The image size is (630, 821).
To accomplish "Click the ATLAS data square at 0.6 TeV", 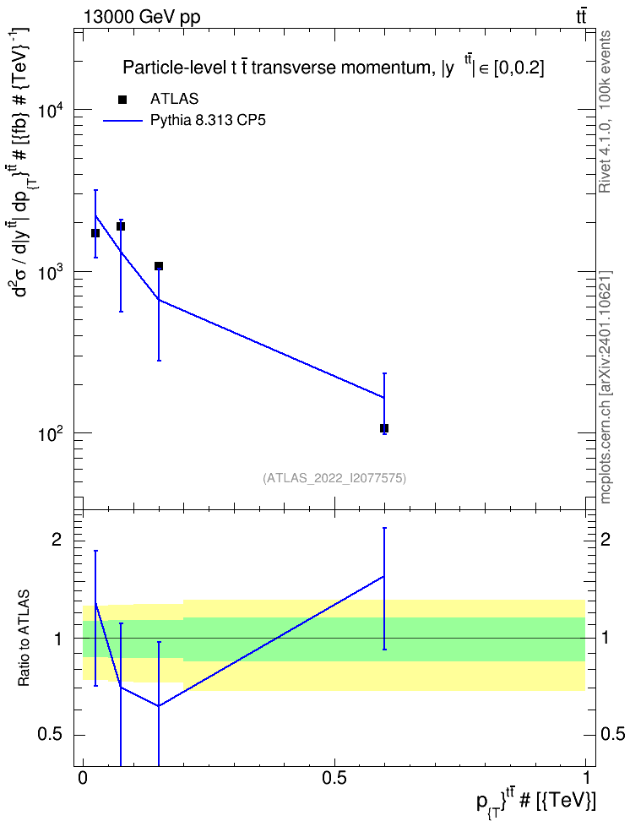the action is tap(384, 428).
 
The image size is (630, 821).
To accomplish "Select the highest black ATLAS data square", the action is tap(121, 226).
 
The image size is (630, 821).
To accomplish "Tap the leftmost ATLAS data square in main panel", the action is tap(95, 233).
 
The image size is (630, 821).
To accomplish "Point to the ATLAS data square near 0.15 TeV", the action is tap(159, 266).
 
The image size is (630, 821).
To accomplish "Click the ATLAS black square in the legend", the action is tap(122, 100).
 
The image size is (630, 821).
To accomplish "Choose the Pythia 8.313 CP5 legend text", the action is tap(208, 121).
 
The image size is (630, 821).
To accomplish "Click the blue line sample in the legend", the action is tap(122, 121).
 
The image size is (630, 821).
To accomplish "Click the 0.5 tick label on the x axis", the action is tap(334, 778).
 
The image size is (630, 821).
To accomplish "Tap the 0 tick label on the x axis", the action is tap(83, 778).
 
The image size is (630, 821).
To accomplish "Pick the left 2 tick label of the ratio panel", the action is tap(57, 539).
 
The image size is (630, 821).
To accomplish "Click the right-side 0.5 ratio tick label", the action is tap(612, 734).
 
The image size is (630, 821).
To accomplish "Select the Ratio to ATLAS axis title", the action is tap(24, 639).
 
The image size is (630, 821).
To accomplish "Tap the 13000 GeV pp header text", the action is tap(142, 18).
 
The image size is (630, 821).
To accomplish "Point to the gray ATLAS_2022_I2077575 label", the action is tap(334, 478).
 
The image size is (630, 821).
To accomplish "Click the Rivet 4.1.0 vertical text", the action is tap(605, 111).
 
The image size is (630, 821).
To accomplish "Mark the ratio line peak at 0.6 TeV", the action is tap(384, 577).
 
